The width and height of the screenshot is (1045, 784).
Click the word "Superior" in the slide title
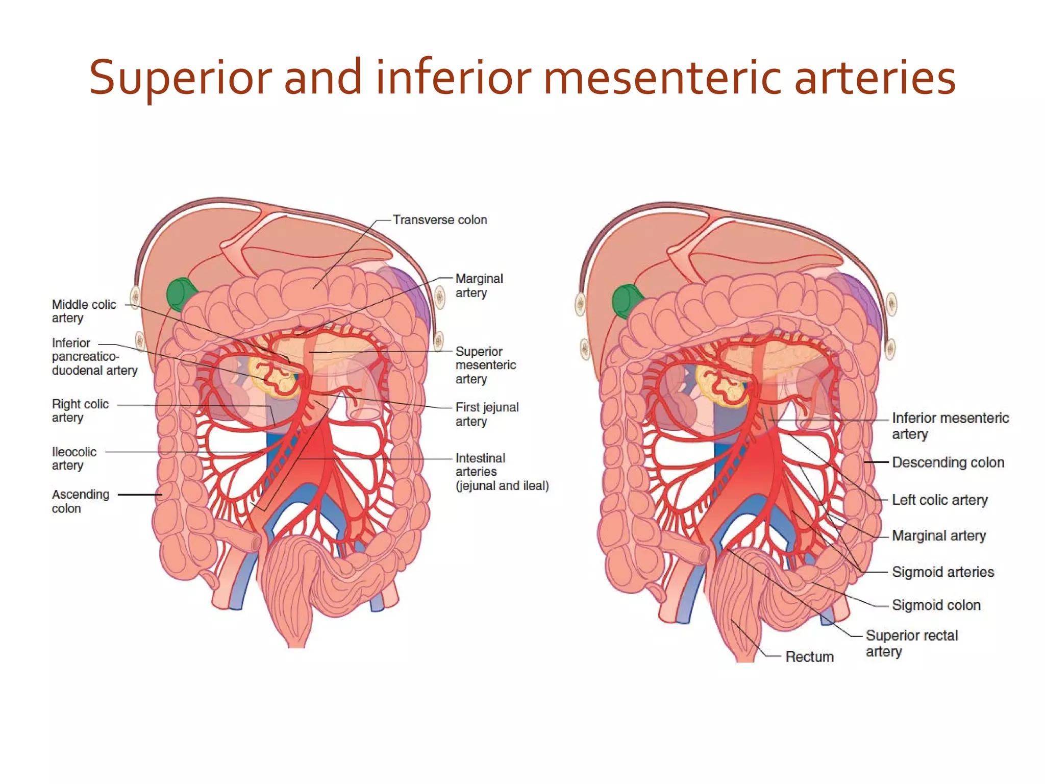(182, 78)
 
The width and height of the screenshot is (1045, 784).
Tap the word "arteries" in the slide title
(875, 78)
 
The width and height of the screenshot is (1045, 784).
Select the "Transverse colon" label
(440, 220)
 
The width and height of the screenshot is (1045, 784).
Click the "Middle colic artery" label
(84, 311)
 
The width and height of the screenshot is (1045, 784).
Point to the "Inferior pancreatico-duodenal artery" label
(95, 356)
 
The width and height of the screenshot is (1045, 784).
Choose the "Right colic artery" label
(80, 410)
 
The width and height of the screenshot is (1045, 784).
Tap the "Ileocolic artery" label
(74, 458)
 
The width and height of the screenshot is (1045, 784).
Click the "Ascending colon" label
(81, 501)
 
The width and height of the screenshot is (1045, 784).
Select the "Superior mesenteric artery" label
(486, 365)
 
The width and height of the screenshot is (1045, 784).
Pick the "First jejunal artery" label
(487, 414)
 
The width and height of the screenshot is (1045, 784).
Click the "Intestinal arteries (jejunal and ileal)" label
(502, 472)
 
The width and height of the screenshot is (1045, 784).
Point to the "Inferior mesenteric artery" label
(950, 426)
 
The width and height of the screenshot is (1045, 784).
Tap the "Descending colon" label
(948, 462)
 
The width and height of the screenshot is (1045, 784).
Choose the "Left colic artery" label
(939, 500)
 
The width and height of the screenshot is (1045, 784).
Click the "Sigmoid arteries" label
(943, 572)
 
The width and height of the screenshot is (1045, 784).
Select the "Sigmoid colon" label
(936, 605)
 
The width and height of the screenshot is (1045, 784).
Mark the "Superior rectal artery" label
(912, 643)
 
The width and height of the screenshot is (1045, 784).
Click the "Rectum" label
(809, 656)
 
